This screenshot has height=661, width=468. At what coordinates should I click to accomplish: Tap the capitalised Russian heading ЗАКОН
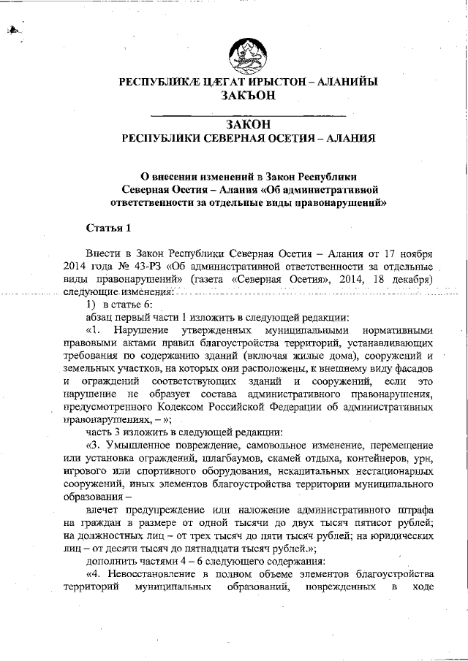[x=248, y=125]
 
